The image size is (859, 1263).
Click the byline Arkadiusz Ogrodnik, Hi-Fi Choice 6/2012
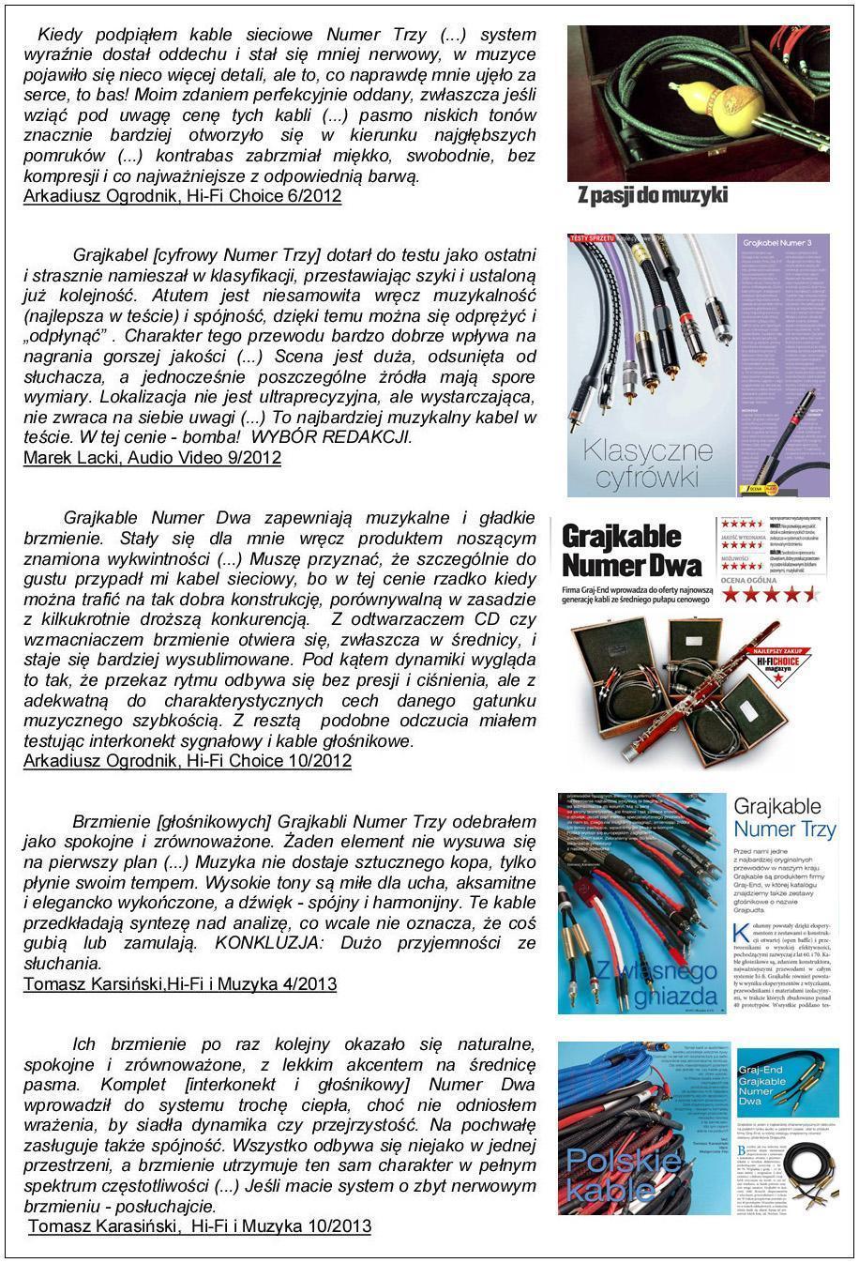(x=182, y=196)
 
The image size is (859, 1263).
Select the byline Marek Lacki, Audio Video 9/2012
(x=152, y=458)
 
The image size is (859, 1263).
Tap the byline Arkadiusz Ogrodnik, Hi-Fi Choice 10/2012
(x=187, y=761)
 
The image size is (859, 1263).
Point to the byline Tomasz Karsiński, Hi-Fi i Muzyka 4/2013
(x=180, y=984)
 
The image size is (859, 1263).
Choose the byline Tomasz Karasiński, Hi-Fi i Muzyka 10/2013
(x=200, y=1226)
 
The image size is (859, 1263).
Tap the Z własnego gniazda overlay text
(x=644, y=981)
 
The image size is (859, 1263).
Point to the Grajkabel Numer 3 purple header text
(x=782, y=244)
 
